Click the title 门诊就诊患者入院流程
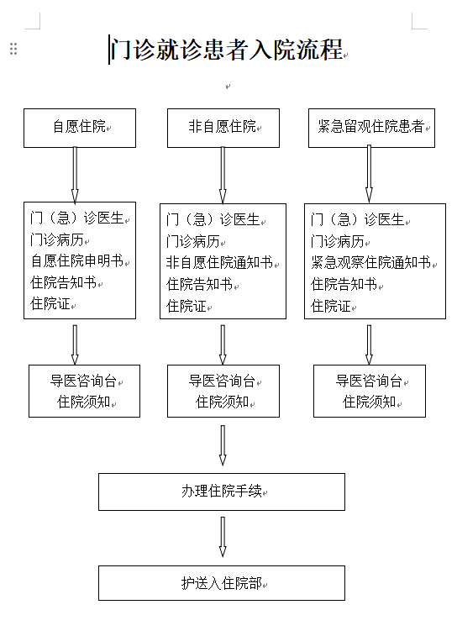click(x=227, y=50)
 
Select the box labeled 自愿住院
click(x=80, y=128)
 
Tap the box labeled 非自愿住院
click(x=223, y=128)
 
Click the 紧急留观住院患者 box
click(x=371, y=128)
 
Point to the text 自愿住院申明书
click(x=77, y=260)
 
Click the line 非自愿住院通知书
click(x=219, y=262)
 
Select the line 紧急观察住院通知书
click(x=371, y=262)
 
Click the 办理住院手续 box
click(x=222, y=492)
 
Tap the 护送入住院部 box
click(x=222, y=583)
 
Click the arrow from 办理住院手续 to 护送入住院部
click(x=223, y=537)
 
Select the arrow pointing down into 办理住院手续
click(x=223, y=445)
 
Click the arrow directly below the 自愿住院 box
click(x=75, y=175)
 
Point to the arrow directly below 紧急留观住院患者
click(x=369, y=174)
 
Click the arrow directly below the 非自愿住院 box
click(x=223, y=175)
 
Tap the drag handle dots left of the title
click(x=13, y=49)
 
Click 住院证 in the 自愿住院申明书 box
click(x=50, y=303)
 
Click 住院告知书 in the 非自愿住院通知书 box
click(x=200, y=284)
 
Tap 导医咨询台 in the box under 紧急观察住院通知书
click(x=369, y=381)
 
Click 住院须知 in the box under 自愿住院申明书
click(x=84, y=402)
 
